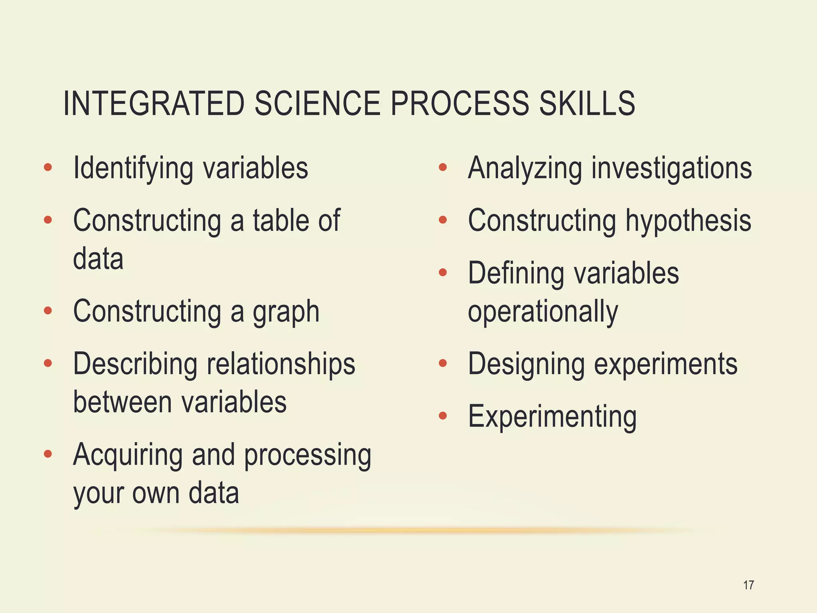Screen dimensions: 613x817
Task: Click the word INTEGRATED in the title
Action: [154, 103]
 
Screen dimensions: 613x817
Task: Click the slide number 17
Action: [748, 585]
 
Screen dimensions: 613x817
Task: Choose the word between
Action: [122, 402]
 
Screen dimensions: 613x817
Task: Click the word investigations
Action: [671, 168]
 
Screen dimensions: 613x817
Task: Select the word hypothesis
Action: [688, 221]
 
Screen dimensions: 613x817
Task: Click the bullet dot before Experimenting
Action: [442, 416]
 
